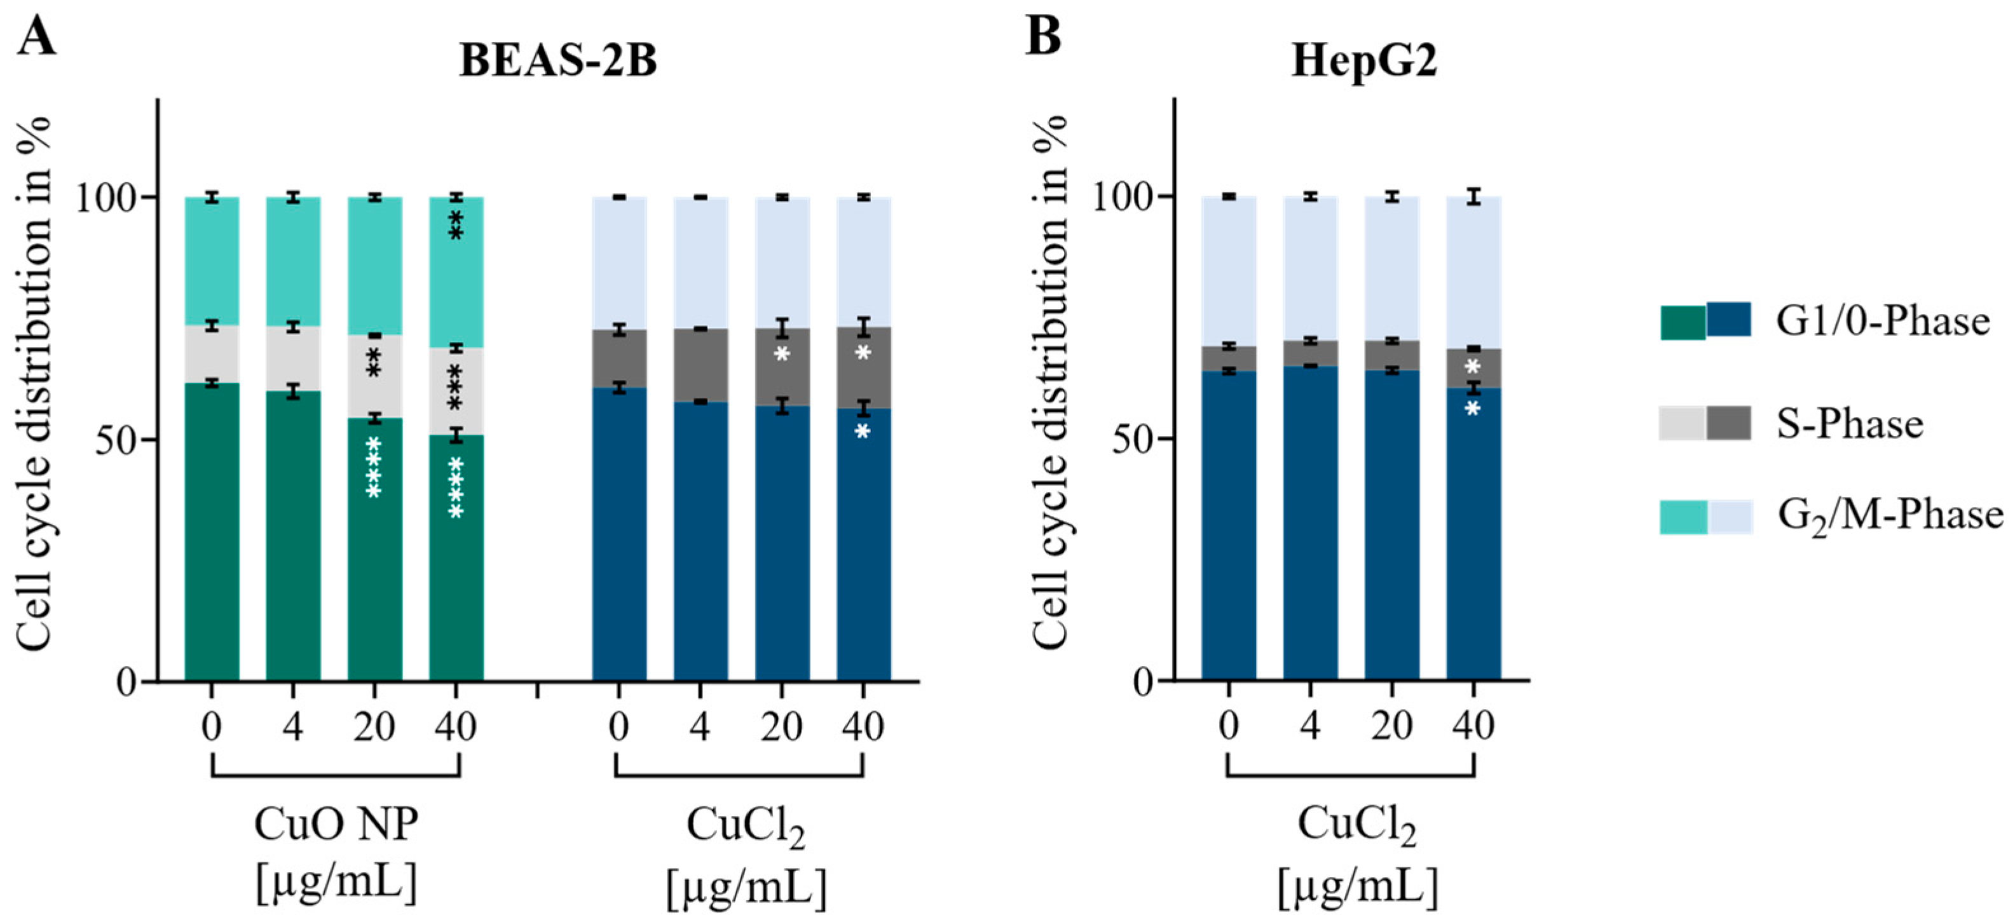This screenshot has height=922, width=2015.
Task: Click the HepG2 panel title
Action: coord(1364,61)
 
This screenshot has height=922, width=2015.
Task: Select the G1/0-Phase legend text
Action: coord(1882,322)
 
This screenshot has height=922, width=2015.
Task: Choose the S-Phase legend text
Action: coord(1850,424)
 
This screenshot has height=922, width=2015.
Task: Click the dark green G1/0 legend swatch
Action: coord(1683,322)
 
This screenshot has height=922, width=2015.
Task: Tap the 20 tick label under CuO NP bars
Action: coord(374,726)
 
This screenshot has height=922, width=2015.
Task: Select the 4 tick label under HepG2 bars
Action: coord(1310,726)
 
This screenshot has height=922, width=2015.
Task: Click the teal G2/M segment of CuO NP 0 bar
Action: coord(211,261)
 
